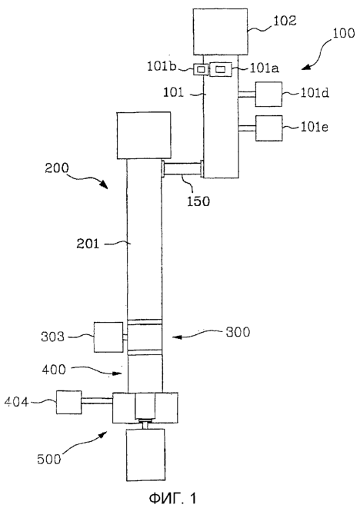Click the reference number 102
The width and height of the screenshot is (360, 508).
tap(285, 21)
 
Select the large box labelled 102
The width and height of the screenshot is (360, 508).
tap(221, 32)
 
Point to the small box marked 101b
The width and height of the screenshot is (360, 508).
tap(201, 69)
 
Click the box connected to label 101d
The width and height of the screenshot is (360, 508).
tap(268, 95)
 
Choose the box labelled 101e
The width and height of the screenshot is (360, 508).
tap(269, 128)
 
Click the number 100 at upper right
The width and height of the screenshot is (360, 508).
tap(343, 33)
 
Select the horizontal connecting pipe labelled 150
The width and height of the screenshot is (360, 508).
tap(182, 169)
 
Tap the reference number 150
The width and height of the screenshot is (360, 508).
tap(198, 201)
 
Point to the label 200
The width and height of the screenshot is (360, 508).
tap(57, 168)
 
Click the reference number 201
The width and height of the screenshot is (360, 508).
tap(88, 244)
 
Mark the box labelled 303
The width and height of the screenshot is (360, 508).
tap(108, 337)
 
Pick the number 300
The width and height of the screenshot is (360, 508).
tap(238, 332)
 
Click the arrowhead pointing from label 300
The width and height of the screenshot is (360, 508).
tap(176, 337)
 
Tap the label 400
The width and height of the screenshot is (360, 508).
tap(54, 370)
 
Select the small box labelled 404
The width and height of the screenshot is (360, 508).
tap(68, 402)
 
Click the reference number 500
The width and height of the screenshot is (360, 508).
tap(48, 459)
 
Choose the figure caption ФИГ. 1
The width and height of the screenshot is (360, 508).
tap(172, 498)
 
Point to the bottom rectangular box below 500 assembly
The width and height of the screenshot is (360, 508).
tap(145, 455)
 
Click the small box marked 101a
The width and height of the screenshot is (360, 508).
tap(221, 69)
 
